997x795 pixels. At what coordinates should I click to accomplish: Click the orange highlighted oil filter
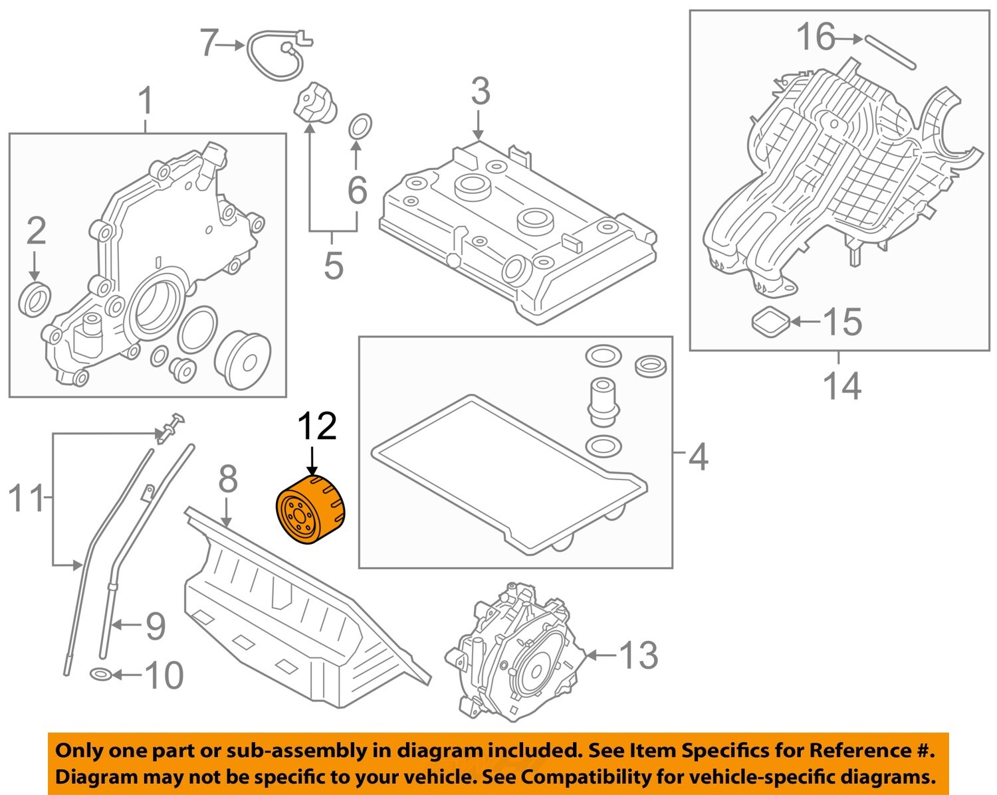[311, 509]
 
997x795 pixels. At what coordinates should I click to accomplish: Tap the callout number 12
[316, 426]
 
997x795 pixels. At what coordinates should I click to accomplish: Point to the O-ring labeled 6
[360, 126]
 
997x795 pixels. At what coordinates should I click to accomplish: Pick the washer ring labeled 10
[100, 675]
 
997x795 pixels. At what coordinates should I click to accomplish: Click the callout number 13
[639, 656]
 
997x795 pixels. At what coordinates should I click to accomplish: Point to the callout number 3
[480, 92]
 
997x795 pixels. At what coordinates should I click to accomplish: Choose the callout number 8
[228, 480]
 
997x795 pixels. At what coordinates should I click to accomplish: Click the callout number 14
[841, 386]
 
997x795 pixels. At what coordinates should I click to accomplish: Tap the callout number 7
[209, 44]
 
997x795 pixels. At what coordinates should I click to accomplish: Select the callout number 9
[155, 626]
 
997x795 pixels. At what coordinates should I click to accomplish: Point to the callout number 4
[698, 457]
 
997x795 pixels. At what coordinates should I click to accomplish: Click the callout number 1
[145, 102]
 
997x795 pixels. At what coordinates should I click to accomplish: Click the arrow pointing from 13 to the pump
[600, 656]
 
